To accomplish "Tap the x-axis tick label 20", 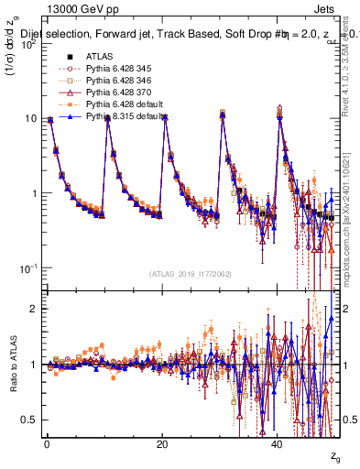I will click(x=162, y=444).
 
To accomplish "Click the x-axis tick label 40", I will click(x=278, y=444).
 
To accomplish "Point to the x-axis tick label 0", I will click(x=46, y=444).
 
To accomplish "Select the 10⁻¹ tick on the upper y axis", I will click(x=27, y=267).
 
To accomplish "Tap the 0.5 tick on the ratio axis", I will click(x=30, y=420).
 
